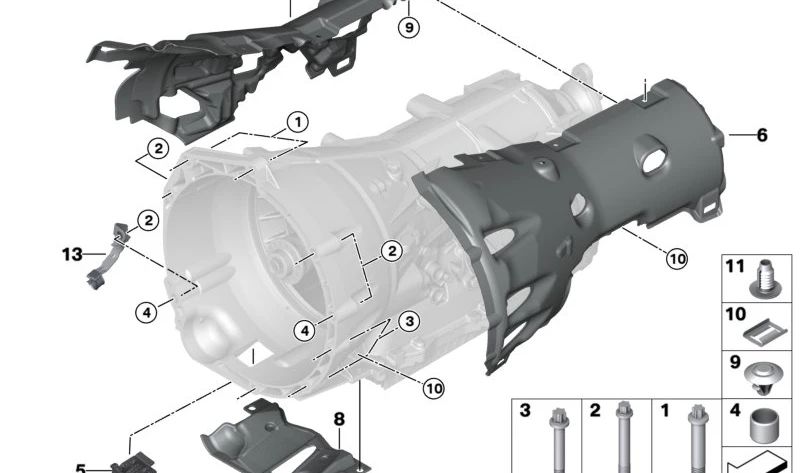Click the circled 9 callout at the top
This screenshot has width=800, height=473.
409,27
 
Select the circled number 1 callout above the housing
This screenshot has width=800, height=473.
297,122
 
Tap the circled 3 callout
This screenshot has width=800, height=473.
409,321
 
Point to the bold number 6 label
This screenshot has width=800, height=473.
762,135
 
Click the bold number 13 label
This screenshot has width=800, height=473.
72,254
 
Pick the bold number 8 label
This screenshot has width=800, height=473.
339,419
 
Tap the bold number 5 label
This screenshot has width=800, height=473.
81,468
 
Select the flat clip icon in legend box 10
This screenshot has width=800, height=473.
763,333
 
